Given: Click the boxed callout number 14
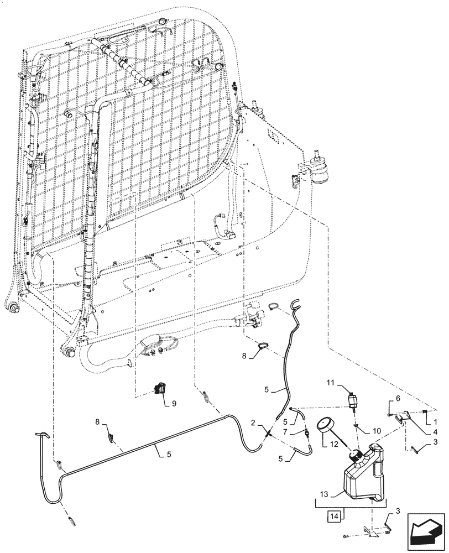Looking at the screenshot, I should click(x=335, y=517).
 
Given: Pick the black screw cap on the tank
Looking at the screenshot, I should click(x=356, y=456).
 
